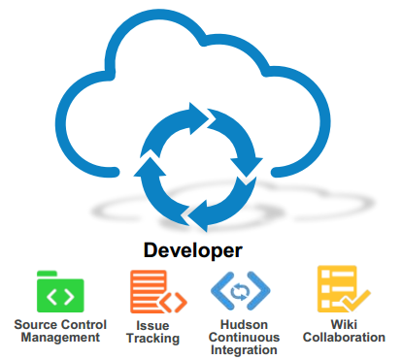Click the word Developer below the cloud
(193, 249)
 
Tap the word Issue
(152, 324)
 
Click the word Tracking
(152, 338)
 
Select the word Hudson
(244, 324)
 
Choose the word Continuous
(244, 337)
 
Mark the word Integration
(244, 350)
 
